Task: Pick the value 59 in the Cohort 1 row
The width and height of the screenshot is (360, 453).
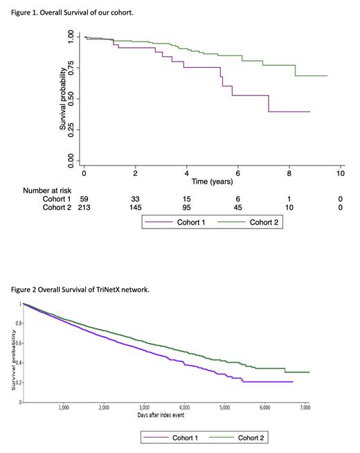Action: coord(84,198)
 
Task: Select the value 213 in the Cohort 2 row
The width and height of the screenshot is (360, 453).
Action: coord(84,207)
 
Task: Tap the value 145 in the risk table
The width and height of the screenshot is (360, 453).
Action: coord(136,207)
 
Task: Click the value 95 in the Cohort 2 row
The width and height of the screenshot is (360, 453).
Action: coord(187,207)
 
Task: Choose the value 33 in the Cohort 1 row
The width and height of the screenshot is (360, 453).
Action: coord(136,198)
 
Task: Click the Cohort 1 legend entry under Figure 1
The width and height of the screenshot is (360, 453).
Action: coord(180,222)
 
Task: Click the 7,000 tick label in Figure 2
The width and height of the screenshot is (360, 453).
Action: coord(305,408)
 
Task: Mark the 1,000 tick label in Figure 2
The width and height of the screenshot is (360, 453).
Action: coord(64,408)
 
